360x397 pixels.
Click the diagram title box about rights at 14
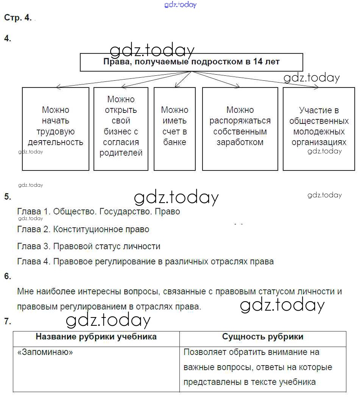(191, 62)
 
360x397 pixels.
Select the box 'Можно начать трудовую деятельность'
(56, 129)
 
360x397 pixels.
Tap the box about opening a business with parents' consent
(121, 129)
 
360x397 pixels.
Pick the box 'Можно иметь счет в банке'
(175, 129)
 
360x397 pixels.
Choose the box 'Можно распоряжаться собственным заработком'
(240, 129)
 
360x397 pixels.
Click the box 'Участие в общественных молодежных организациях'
(319, 129)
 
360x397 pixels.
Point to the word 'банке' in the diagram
(175, 142)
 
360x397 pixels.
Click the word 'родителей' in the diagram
(121, 153)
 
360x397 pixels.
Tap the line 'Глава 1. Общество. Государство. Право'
(98, 211)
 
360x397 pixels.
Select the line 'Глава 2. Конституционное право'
(83, 229)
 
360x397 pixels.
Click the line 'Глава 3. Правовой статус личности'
(89, 246)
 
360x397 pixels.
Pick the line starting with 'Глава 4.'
(145, 261)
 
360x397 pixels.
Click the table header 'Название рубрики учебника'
(96, 337)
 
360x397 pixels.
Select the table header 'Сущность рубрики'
(262, 337)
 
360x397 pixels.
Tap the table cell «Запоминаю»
(45, 352)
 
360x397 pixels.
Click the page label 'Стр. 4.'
(18, 18)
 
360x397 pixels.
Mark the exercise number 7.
(8, 322)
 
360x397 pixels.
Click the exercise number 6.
(8, 276)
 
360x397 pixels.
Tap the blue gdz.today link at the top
(181, 5)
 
